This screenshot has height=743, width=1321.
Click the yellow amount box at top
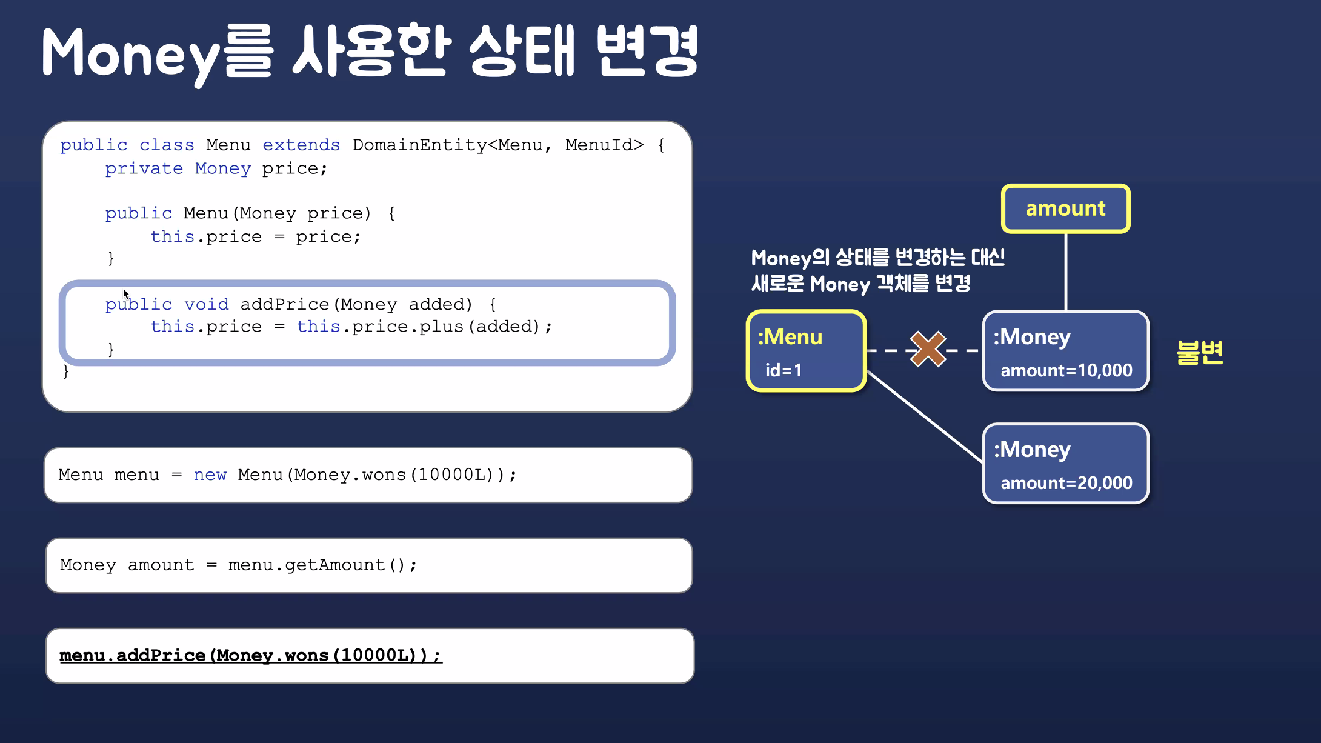coord(1065,208)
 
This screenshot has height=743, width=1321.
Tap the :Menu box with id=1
coord(806,351)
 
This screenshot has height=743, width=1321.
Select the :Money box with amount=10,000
coord(1065,352)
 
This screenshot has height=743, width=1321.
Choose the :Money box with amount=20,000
coord(1065,464)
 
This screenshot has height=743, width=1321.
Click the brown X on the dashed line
coord(928,349)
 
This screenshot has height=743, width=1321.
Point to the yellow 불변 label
coord(1200,352)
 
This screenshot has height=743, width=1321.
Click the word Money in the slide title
coord(130,55)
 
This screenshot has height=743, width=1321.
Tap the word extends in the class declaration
coord(301,145)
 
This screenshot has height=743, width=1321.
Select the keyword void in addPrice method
coord(206,304)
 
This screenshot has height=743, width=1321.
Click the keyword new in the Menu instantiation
coord(210,475)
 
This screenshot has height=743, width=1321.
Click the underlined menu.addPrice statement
coord(250,656)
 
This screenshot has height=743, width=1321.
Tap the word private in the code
coord(144,168)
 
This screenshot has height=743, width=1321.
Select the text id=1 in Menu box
coord(784,370)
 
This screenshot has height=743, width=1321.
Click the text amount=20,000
coord(1066,483)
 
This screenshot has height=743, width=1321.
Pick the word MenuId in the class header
coord(604,145)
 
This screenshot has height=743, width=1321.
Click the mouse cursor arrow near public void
coord(125,294)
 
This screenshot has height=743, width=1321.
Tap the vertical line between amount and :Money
coord(1065,272)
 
